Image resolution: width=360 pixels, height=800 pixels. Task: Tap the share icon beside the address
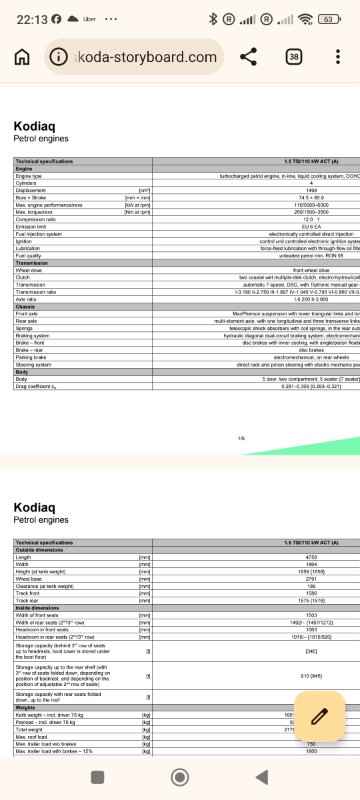249,57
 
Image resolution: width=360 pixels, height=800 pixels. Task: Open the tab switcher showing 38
295,57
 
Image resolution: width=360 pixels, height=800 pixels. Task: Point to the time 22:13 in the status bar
24,18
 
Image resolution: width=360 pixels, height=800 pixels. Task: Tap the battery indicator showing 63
328,18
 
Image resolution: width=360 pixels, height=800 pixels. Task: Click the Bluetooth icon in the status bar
212,18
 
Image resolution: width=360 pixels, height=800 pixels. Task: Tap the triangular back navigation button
262,776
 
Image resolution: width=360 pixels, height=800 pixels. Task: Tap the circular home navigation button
180,776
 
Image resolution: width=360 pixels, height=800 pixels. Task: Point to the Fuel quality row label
31,254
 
